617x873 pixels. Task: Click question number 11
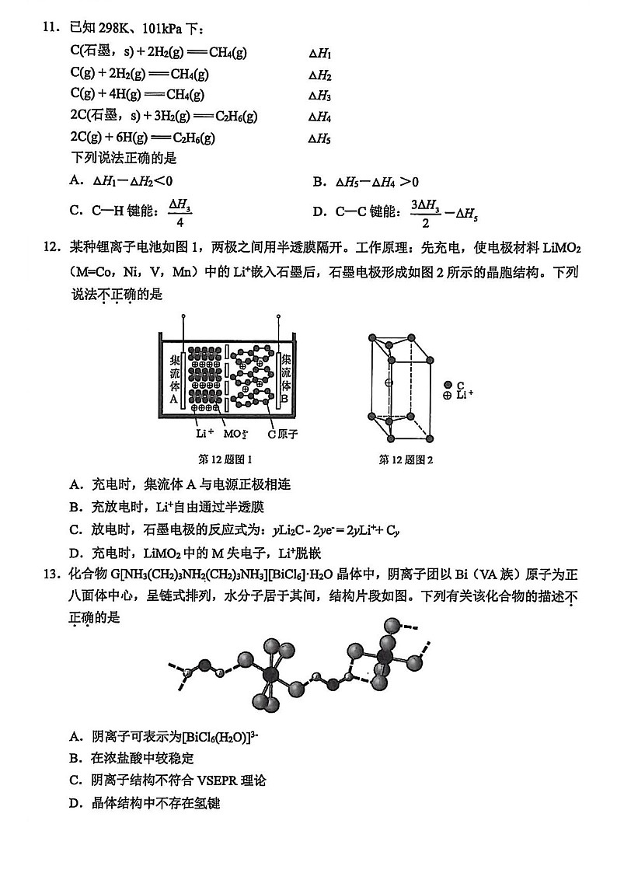click(51, 29)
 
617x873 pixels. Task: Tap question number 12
click(51, 248)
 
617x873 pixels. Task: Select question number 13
click(51, 575)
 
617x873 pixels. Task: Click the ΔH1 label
click(320, 54)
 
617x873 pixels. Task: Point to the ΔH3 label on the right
click(320, 96)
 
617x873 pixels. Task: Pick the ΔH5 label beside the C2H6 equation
click(320, 139)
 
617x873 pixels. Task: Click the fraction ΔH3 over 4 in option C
click(180, 212)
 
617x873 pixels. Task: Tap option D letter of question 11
click(319, 211)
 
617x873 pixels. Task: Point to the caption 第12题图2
click(406, 459)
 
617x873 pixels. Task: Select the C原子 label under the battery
click(283, 434)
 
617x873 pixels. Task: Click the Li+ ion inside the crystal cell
click(389, 382)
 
